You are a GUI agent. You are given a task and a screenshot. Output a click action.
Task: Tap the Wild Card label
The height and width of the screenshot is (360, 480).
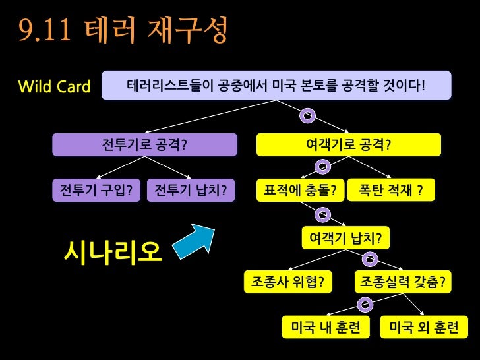[x=54, y=86]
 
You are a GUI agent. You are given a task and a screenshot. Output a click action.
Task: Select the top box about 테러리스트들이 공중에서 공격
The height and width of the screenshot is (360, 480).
[x=276, y=86]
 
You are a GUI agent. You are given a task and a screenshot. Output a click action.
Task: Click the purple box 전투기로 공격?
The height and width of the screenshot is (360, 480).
[x=144, y=144]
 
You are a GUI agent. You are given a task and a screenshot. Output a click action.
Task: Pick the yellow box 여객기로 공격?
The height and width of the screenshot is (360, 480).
[x=348, y=144]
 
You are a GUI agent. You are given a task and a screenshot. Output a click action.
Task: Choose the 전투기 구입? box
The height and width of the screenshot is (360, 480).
[x=96, y=191]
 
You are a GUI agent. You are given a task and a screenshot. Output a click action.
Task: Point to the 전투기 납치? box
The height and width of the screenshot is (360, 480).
[x=191, y=191]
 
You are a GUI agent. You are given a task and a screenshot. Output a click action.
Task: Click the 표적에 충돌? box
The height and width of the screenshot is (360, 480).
[x=300, y=191]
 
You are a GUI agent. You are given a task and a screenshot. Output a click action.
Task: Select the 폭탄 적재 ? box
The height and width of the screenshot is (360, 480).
[x=391, y=191]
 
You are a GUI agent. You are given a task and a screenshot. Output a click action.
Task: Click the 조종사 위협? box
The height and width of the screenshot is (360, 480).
[x=287, y=282]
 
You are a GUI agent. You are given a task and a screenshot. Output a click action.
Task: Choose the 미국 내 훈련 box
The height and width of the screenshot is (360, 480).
[x=326, y=327]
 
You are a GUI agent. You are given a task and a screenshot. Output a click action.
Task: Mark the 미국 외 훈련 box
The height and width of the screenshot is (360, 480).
[x=424, y=327]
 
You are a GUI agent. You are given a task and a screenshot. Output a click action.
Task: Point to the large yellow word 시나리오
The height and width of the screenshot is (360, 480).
[x=113, y=251]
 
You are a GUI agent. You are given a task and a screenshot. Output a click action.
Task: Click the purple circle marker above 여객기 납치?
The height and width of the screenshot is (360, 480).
[x=322, y=214]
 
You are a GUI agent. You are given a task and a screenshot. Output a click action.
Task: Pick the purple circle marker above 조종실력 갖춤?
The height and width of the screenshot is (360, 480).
[x=370, y=259]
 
